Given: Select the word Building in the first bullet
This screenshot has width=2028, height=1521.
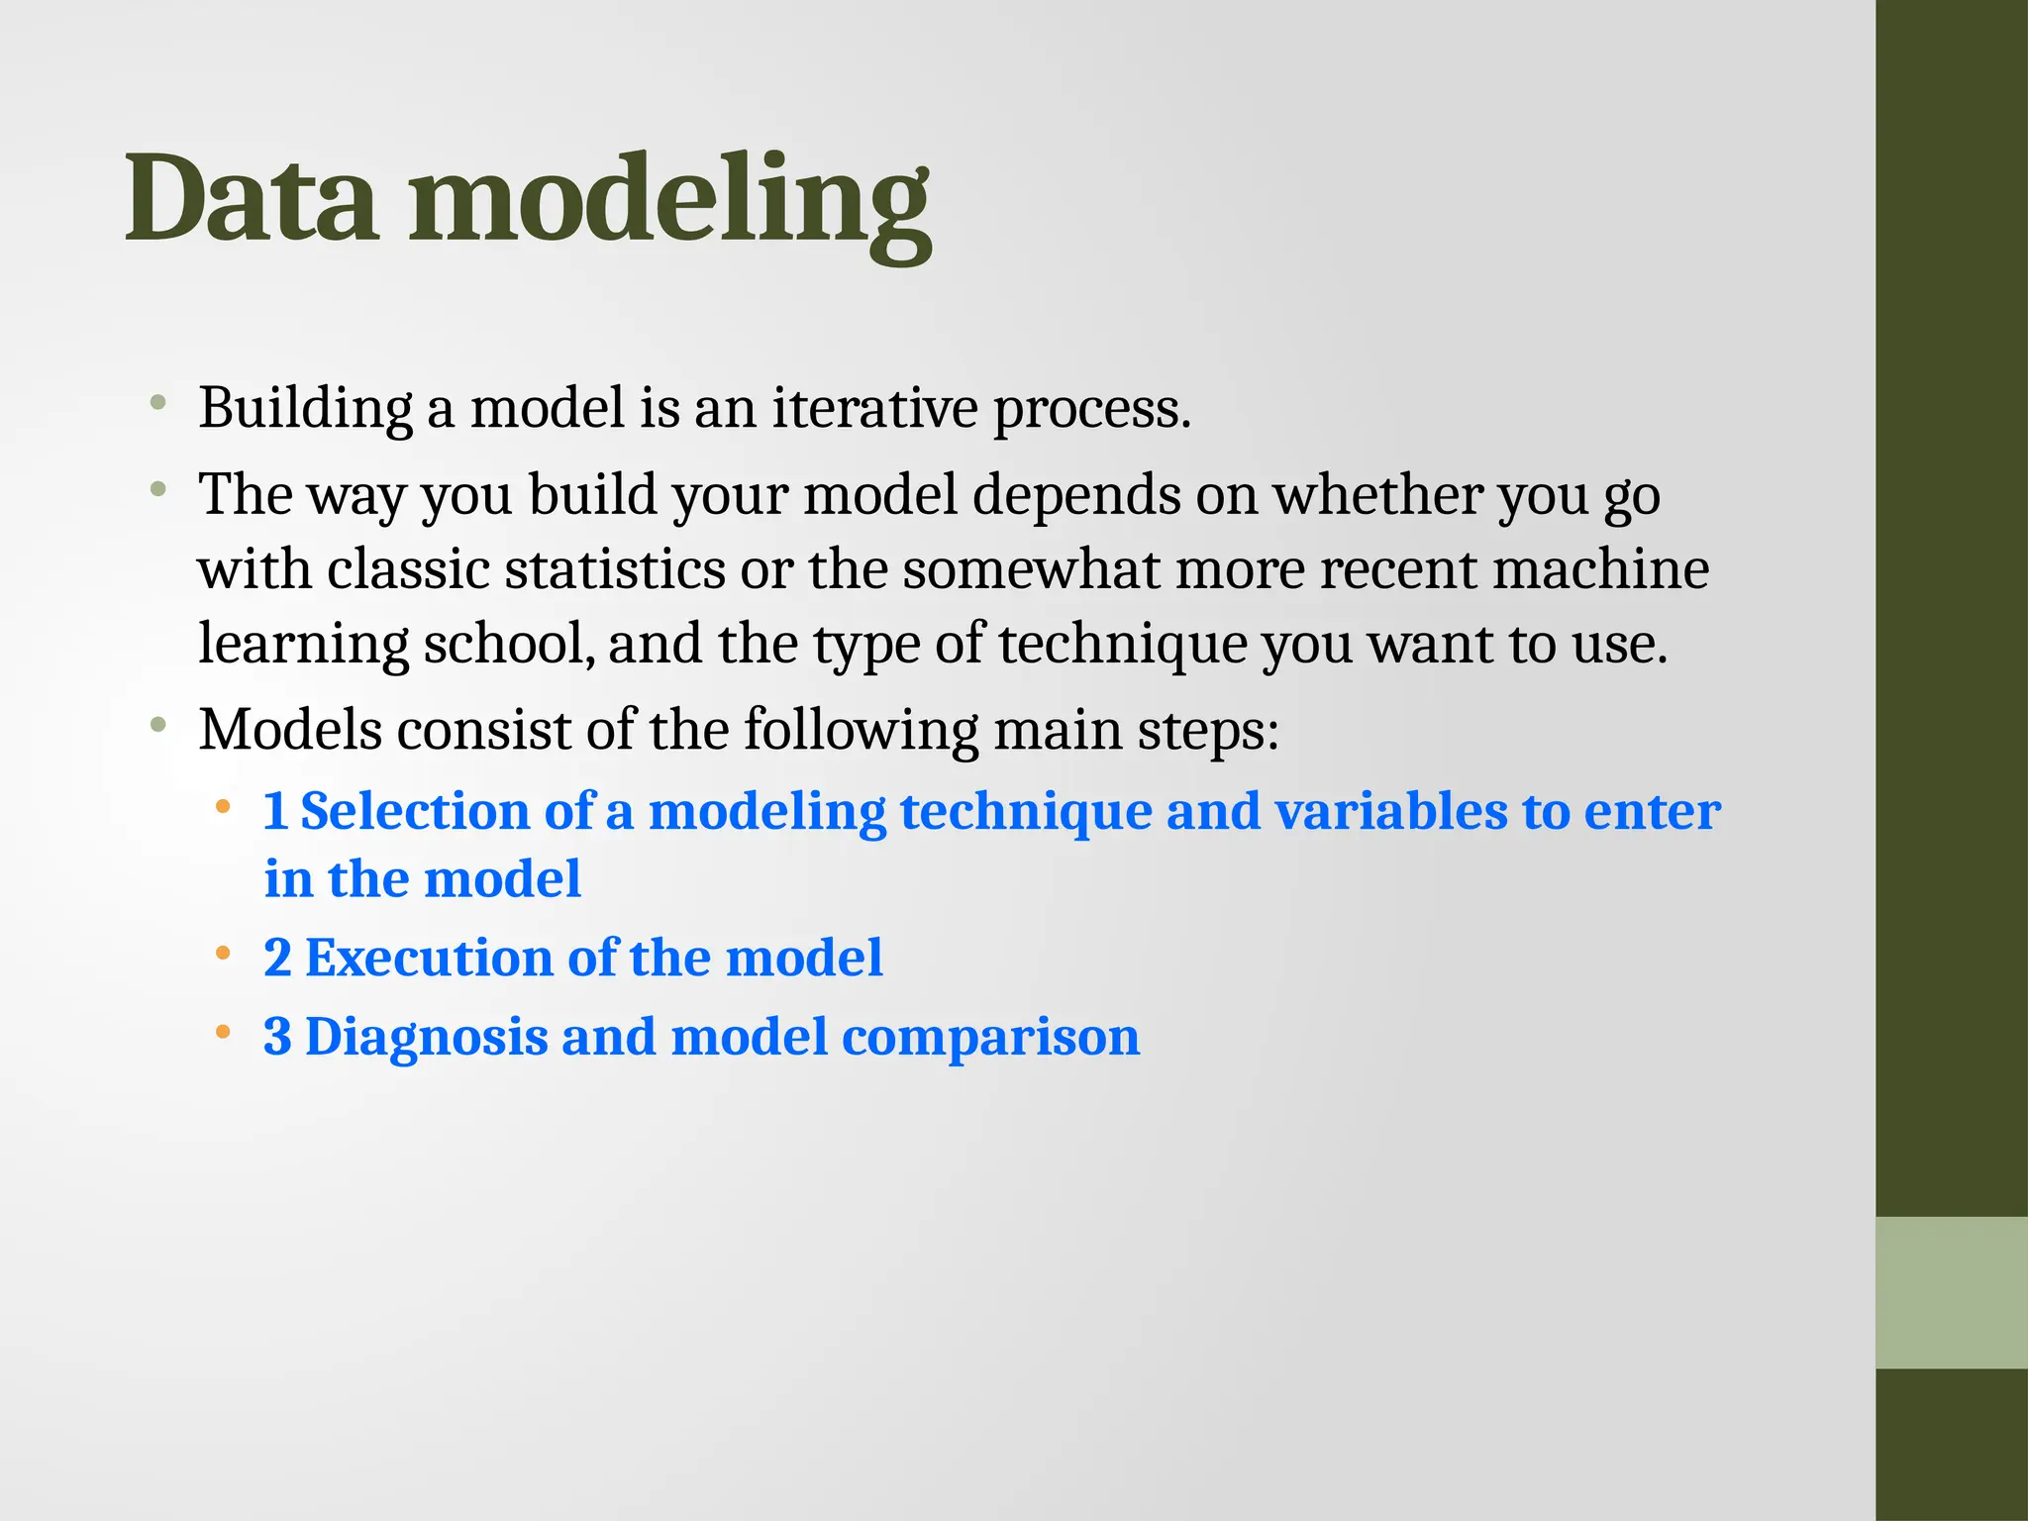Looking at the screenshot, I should pyautogui.click(x=305, y=408).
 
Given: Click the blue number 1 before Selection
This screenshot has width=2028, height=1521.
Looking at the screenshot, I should pyautogui.click(x=275, y=812).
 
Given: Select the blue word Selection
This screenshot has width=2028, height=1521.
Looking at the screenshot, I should pyautogui.click(x=415, y=812).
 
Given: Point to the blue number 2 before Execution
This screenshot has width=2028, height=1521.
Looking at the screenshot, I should pyautogui.click(x=277, y=959).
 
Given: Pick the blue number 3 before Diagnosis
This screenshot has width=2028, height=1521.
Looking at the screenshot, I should pyautogui.click(x=277, y=1038).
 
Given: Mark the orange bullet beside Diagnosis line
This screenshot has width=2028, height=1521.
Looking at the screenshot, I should pyautogui.click(x=223, y=1033).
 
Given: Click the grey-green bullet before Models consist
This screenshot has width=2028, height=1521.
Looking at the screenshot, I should pyautogui.click(x=157, y=725).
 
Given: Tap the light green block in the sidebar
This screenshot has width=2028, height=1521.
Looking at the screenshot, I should pyautogui.click(x=1951, y=1292).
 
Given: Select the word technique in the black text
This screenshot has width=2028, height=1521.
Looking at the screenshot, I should pyautogui.click(x=1122, y=644).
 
